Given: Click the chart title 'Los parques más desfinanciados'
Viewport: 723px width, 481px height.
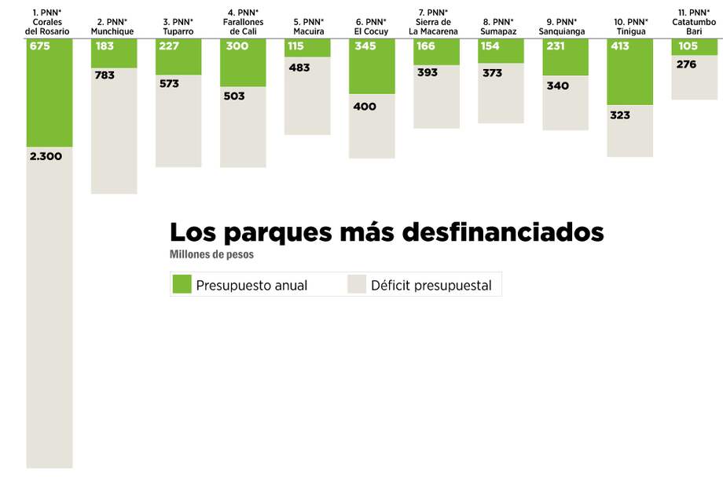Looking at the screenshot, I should (x=387, y=232).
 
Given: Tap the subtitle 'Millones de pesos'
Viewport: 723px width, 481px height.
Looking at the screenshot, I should (x=211, y=254).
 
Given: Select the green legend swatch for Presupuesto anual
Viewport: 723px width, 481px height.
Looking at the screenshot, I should (x=182, y=284).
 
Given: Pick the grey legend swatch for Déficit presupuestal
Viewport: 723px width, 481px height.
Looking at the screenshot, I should (x=358, y=284).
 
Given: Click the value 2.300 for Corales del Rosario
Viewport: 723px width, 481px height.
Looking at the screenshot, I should (x=46, y=156).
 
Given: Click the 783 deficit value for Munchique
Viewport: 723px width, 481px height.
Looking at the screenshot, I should (x=104, y=75).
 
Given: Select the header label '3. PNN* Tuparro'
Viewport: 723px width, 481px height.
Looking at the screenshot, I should (x=178, y=27).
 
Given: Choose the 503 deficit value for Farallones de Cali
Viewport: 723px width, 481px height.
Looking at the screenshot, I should (x=234, y=96).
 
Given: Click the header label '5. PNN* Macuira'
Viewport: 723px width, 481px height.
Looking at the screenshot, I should (x=308, y=27).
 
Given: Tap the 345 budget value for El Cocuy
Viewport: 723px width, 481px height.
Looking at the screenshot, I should (x=365, y=46).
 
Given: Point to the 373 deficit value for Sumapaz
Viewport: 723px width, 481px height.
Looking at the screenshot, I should (x=492, y=73).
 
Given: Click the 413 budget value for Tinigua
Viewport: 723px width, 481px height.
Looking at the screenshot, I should (x=620, y=46).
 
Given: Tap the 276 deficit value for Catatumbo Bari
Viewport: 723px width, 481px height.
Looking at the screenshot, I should (x=686, y=64).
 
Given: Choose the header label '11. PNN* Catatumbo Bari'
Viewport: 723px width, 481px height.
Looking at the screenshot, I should (x=693, y=22).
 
